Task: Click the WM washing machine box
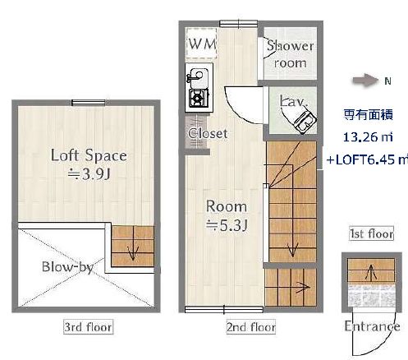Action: (202, 44)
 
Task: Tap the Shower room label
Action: (287, 55)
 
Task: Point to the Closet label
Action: (208, 133)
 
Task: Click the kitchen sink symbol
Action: (199, 80)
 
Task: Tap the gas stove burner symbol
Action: (199, 99)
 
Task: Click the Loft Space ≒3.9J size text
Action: (89, 164)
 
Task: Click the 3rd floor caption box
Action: (88, 327)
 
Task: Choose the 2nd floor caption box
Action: (250, 327)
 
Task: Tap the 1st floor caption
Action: (371, 234)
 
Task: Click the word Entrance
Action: (372, 326)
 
